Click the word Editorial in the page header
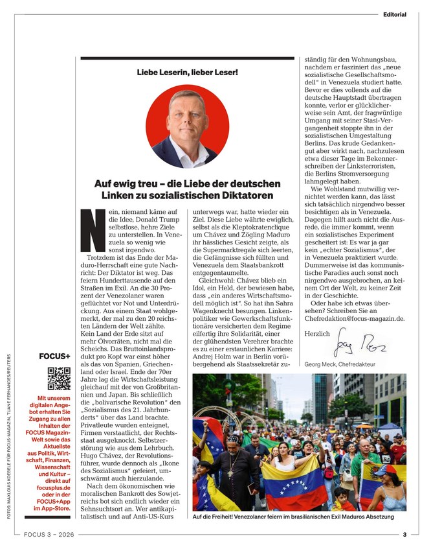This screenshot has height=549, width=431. point(394,14)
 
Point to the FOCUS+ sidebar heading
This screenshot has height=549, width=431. point(56,355)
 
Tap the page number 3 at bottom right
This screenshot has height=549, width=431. point(404,535)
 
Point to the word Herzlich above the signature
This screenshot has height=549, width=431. point(316,333)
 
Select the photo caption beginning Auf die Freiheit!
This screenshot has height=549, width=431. point(293,517)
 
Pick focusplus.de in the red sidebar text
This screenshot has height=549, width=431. point(56,482)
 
